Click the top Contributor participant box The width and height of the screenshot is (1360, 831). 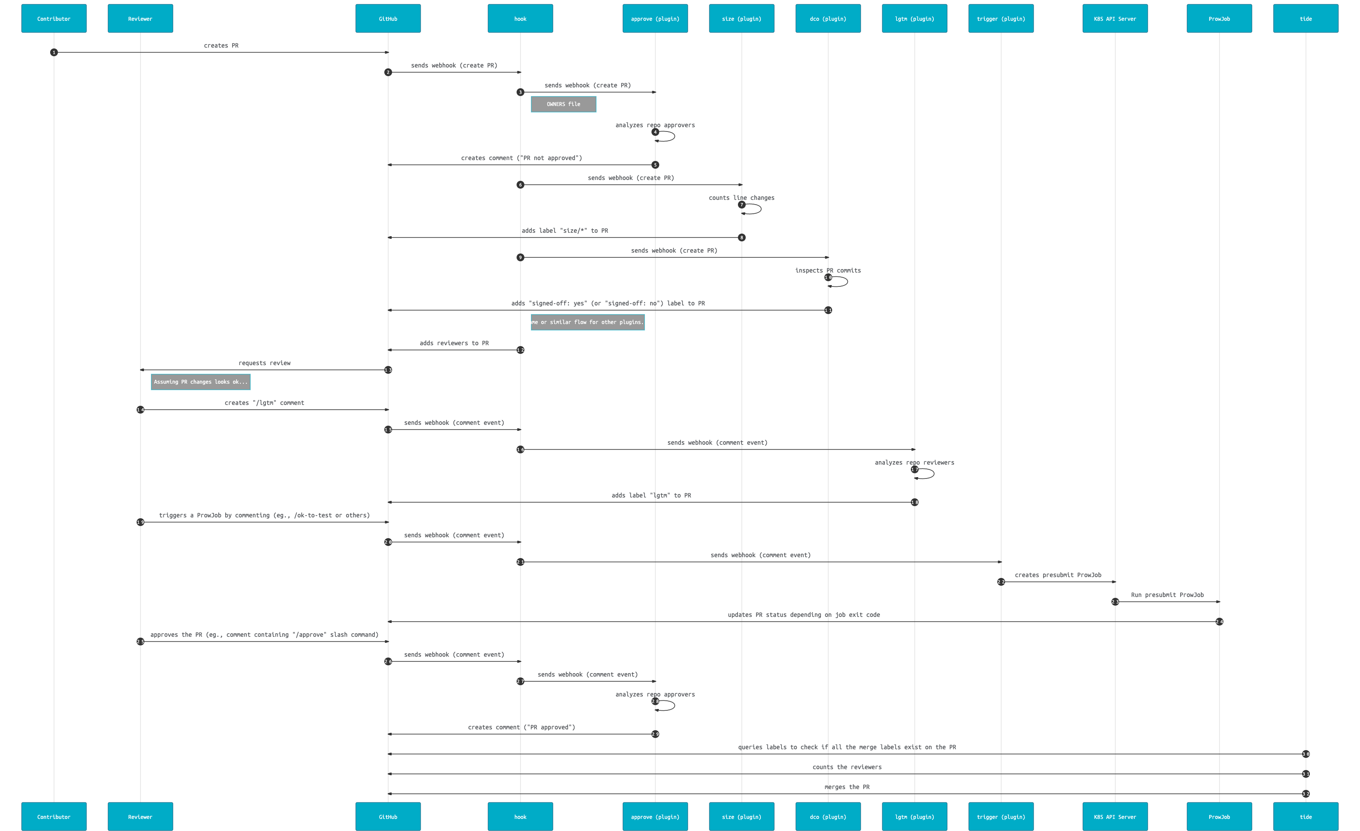click(54, 19)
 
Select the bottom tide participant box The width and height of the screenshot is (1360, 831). click(1306, 817)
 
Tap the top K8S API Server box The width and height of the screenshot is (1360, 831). click(1115, 19)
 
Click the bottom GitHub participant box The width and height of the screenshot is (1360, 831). click(388, 817)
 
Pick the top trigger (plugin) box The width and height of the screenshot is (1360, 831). click(1001, 19)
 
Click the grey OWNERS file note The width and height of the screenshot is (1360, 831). click(563, 104)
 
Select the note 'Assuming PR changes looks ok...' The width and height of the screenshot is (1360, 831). click(200, 382)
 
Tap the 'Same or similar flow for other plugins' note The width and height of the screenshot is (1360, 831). click(587, 322)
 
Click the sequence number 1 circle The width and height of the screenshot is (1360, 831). click(54, 52)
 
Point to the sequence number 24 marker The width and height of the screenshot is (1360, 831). click(1219, 622)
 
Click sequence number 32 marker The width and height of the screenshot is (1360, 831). click(1306, 794)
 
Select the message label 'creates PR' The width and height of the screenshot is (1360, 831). click(221, 46)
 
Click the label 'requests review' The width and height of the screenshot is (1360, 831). click(265, 363)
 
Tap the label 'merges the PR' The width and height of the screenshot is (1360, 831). click(847, 787)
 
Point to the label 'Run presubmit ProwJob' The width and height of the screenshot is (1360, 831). click(1167, 595)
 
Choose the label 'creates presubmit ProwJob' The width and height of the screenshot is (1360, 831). click(1057, 575)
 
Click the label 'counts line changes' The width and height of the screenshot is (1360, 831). click(741, 198)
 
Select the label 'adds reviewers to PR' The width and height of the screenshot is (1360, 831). click(454, 343)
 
